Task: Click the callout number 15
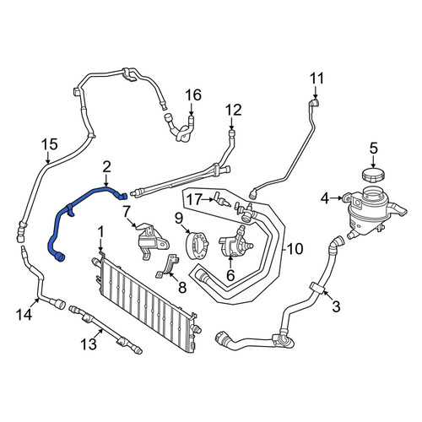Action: (50, 144)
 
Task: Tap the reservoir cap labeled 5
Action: (373, 176)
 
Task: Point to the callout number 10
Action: (295, 249)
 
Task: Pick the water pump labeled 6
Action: (235, 242)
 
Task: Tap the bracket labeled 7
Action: (152, 239)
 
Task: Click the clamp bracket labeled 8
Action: (168, 267)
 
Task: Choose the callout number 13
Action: (89, 344)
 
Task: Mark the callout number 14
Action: (24, 314)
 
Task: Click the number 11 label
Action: (317, 78)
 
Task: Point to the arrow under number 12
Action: (231, 123)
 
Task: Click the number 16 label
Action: (193, 95)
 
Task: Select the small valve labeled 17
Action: (222, 199)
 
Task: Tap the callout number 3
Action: (336, 306)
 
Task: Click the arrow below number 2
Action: (106, 180)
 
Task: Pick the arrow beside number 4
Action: (337, 198)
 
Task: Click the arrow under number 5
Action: (373, 161)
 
